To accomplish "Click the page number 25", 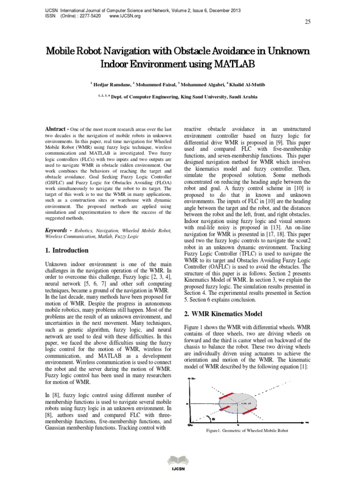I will (x=307, y=22).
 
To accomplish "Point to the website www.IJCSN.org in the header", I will (x=125, y=15).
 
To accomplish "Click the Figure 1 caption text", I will (x=247, y=430).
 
